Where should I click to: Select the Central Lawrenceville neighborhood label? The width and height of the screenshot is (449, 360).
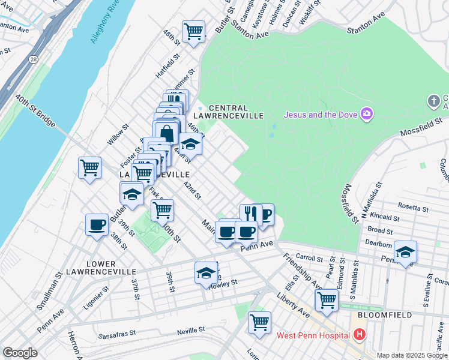tap(236, 111)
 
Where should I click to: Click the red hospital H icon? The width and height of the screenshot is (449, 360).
tap(360, 334)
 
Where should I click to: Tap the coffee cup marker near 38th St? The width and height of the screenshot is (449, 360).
tap(97, 225)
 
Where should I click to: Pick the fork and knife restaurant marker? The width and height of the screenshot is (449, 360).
tap(251, 213)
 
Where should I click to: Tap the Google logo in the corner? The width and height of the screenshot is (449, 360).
tap(19, 353)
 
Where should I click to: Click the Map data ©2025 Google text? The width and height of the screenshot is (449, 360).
tap(412, 355)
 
